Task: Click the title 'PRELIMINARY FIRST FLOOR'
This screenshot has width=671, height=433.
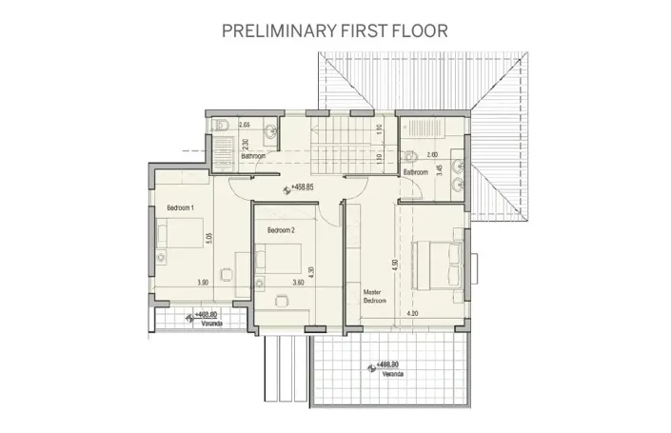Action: (x=335, y=30)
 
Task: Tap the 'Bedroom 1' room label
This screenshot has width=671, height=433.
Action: (x=181, y=207)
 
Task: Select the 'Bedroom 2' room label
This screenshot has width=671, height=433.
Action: (x=281, y=230)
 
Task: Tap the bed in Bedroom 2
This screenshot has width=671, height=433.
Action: (x=280, y=260)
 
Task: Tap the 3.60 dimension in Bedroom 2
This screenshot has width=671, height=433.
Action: (x=297, y=284)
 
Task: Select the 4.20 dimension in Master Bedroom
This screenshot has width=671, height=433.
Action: (x=411, y=313)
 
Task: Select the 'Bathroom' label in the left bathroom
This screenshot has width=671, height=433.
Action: (x=253, y=155)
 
